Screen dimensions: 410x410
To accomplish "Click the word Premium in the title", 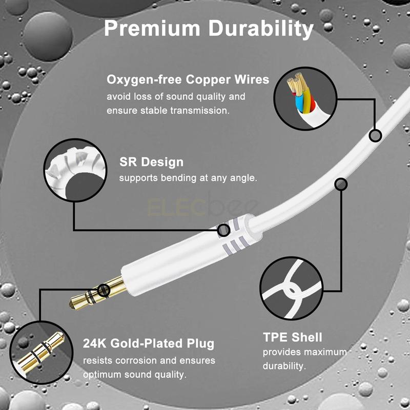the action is [x=152, y=28].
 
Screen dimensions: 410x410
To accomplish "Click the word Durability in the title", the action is [x=261, y=29].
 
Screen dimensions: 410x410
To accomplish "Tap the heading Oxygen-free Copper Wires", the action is [x=188, y=79].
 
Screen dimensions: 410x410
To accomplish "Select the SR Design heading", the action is [x=151, y=162].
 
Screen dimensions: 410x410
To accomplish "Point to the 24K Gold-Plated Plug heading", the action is [x=149, y=343].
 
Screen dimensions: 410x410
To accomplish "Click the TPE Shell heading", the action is [x=292, y=337].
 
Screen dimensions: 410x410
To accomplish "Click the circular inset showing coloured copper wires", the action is [x=305, y=98].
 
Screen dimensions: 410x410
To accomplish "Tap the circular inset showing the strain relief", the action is [x=75, y=170].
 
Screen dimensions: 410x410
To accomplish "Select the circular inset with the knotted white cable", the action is [x=292, y=288].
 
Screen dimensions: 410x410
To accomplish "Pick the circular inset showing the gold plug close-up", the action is [x=42, y=353].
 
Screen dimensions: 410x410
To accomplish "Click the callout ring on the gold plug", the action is [x=104, y=290].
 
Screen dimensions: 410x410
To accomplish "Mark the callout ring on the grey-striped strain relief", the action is [x=223, y=230].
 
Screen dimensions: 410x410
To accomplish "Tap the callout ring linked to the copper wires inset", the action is [x=375, y=136].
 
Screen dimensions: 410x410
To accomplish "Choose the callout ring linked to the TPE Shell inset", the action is [x=341, y=184].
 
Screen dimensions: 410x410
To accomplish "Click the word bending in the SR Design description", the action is [x=178, y=178].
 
